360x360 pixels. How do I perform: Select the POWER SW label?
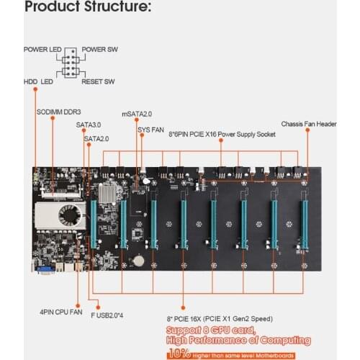pyautogui.click(x=99, y=50)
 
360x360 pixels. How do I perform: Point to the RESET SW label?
pyautogui.click(x=98, y=81)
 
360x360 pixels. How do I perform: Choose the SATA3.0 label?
pyautogui.click(x=89, y=124)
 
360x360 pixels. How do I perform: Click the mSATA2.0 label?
pyautogui.click(x=136, y=113)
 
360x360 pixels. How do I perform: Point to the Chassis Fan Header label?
pyautogui.click(x=309, y=123)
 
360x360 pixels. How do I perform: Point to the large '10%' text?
pyautogui.click(x=181, y=354)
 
